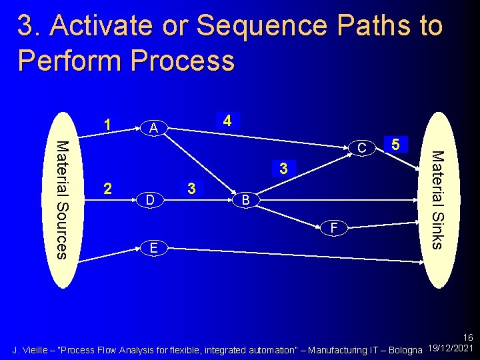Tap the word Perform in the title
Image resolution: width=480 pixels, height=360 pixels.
[69, 61]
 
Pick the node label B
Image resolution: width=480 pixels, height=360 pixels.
[245, 199]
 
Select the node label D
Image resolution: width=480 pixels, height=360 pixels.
[151, 199]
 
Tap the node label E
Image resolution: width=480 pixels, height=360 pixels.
[153, 248]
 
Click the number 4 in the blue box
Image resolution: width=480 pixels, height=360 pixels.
[227, 121]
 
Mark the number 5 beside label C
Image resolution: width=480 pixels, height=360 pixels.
[395, 144]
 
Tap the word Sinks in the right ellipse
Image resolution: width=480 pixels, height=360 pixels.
[436, 223]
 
